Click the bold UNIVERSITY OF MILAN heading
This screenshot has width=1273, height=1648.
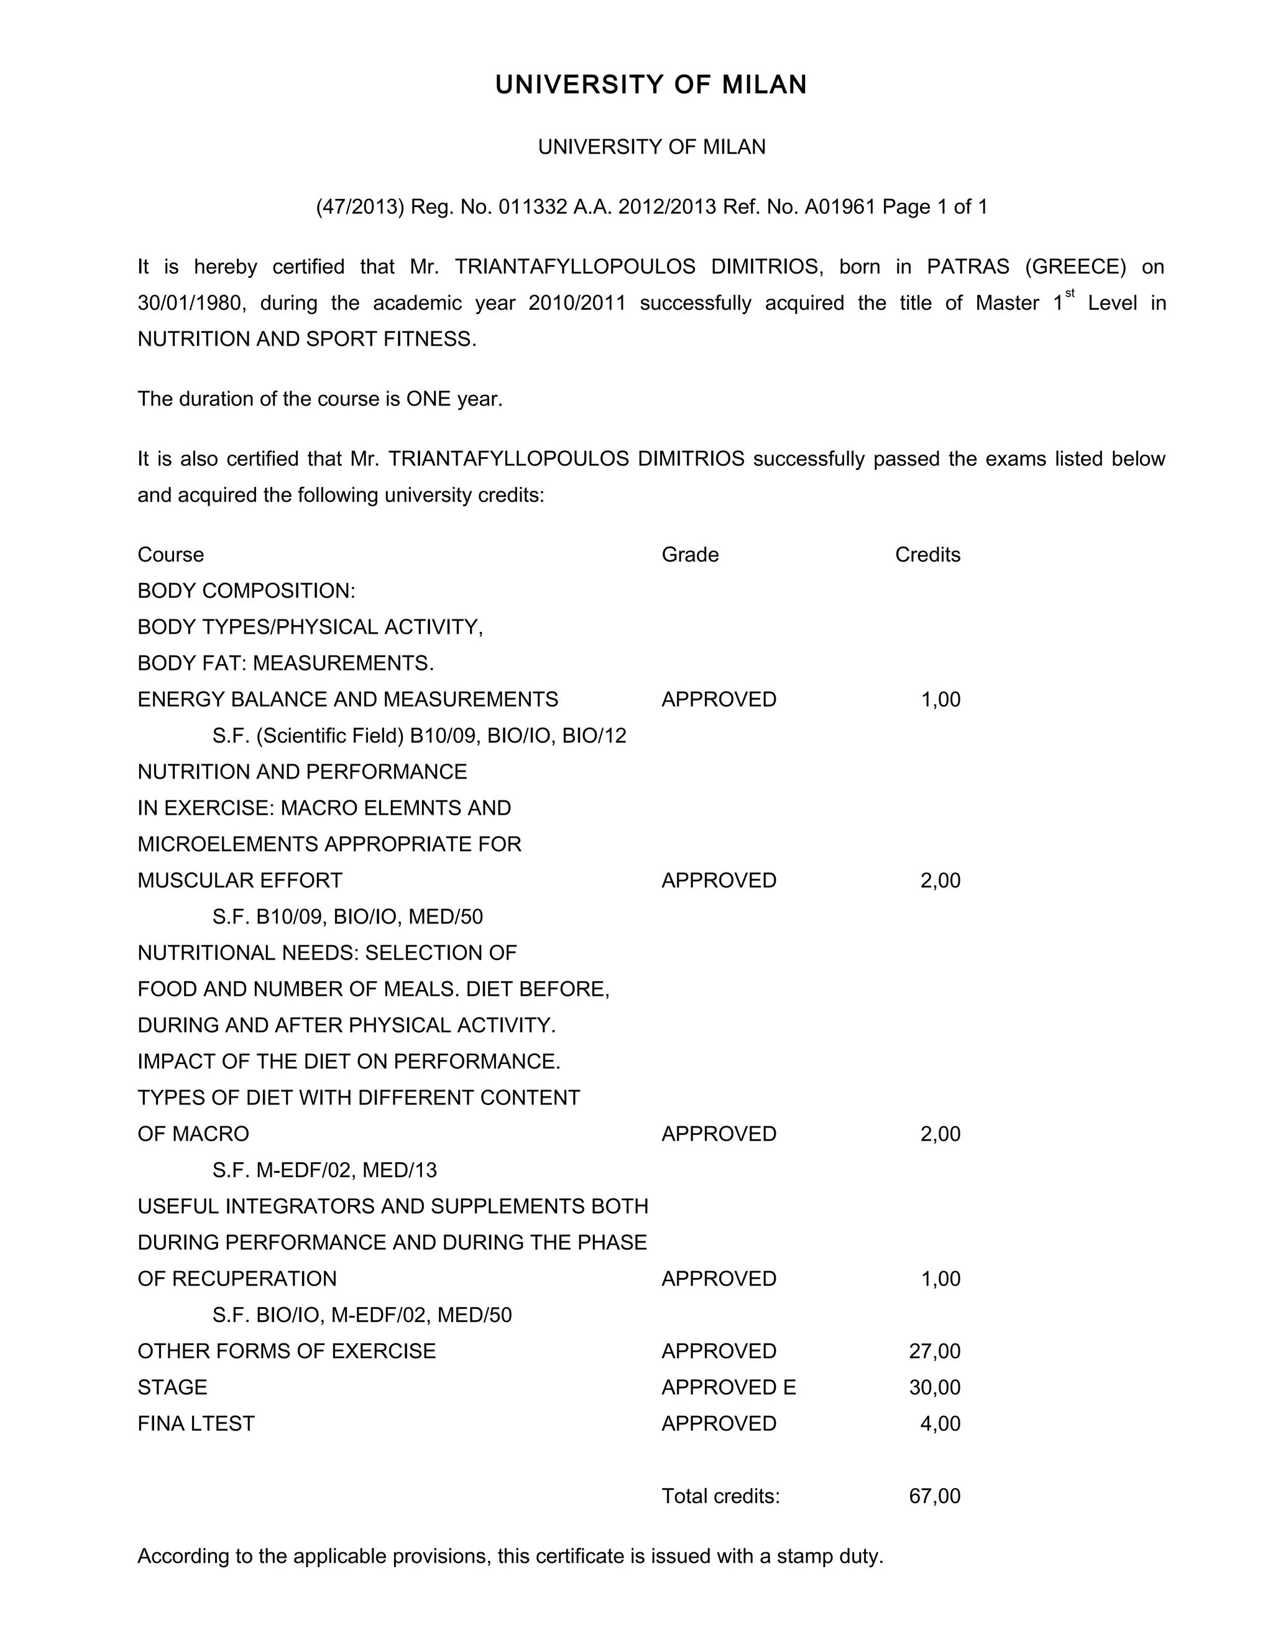651,85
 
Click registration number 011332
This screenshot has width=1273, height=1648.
533,206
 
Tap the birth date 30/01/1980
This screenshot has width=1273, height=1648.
191,303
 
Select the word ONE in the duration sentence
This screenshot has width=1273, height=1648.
428,399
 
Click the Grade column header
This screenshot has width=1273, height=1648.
690,555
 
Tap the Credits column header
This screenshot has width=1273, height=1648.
927,555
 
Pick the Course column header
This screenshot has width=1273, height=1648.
170,555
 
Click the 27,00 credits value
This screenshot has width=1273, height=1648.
934,1351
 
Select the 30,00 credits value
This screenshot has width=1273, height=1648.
934,1387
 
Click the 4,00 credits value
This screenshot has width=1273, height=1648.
940,1423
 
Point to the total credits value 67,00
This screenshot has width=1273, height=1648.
934,1496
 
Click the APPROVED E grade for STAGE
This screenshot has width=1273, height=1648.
728,1387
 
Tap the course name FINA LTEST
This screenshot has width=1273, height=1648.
196,1423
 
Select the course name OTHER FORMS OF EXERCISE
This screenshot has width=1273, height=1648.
287,1351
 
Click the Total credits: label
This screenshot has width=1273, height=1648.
720,1496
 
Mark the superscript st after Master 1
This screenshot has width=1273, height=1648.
1069,294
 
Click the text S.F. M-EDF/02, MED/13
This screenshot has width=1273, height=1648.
324,1170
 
